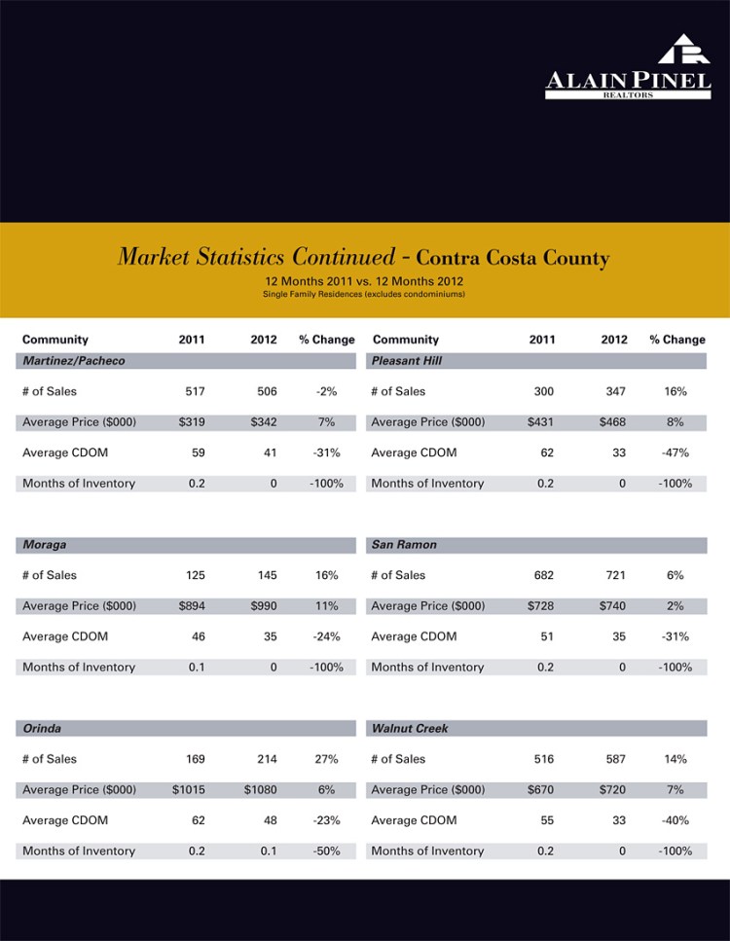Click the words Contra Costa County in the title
coord(512,259)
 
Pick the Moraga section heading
coord(45,545)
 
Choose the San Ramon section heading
coord(404,545)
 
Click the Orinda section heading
coord(42,728)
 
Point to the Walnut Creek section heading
coord(410,728)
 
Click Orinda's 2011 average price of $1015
coord(189,789)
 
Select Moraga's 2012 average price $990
coord(263,606)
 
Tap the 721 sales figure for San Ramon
coord(614,575)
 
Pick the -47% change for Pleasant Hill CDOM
coord(675,452)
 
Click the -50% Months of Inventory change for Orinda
coord(326,851)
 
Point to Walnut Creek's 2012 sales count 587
coord(614,759)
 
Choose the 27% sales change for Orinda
coord(326,759)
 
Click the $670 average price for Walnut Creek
coord(540,789)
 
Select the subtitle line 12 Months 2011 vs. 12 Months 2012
coord(364,281)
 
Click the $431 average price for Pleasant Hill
coord(540,422)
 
